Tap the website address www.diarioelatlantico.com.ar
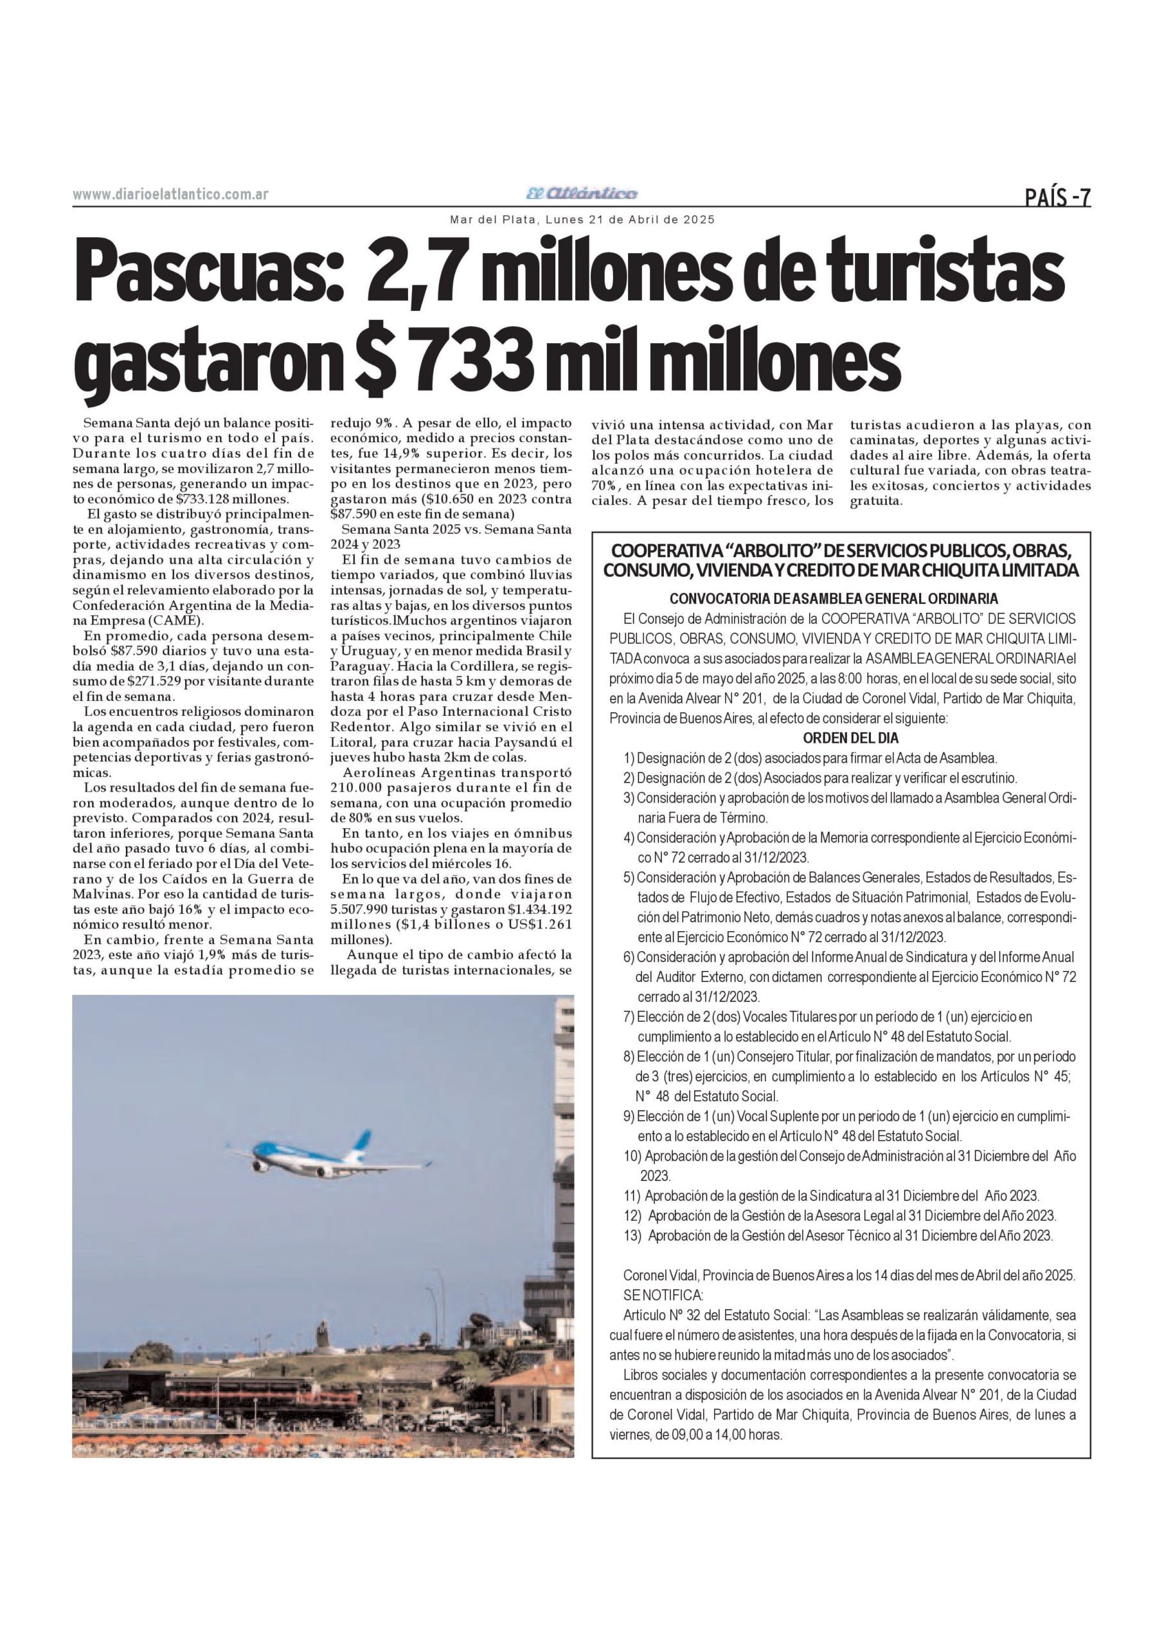click(x=170, y=194)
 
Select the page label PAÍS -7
click(x=1057, y=197)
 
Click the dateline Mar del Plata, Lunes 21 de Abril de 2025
click(x=582, y=220)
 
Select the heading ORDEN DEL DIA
click(x=850, y=738)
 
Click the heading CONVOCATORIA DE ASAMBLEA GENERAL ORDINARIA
click(x=834, y=598)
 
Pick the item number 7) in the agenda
click(x=629, y=1017)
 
